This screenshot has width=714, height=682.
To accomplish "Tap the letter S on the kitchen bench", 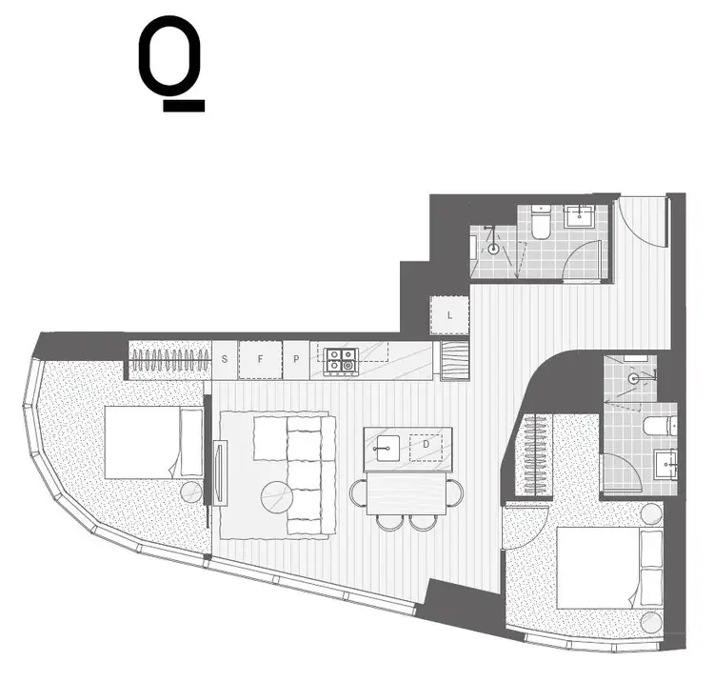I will point(224,359).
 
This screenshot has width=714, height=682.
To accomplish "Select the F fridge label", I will point(260,359).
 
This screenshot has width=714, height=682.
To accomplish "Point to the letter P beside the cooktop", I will point(296,359).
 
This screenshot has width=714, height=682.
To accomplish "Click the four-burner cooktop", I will point(340,360).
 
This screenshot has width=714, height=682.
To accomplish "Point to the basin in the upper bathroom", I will point(578,217).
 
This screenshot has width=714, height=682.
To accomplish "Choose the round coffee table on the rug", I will point(278,496).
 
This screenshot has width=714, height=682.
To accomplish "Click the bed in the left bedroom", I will point(152,442).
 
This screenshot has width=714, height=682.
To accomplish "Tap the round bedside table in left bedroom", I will point(192,491).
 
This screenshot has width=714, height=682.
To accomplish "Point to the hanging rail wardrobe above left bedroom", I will point(169,360).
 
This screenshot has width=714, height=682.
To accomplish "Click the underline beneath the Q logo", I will point(183,106).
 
